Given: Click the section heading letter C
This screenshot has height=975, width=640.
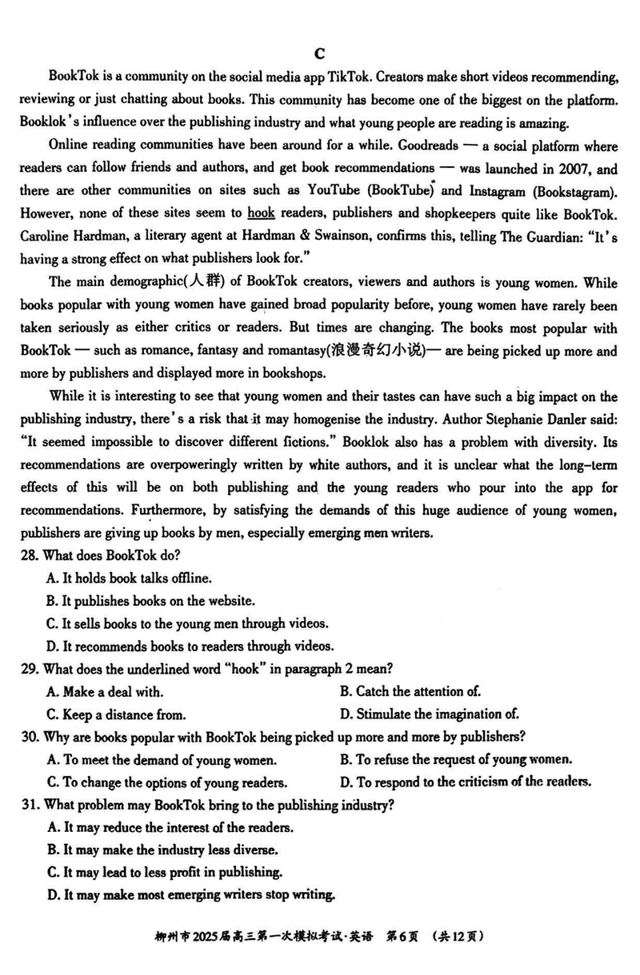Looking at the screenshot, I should pos(319,54).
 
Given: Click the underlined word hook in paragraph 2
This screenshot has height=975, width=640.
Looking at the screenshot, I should pos(260,214).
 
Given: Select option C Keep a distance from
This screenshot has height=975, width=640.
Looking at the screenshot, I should pos(116,714).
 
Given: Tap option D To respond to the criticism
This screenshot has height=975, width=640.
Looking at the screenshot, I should pos(466,782).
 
